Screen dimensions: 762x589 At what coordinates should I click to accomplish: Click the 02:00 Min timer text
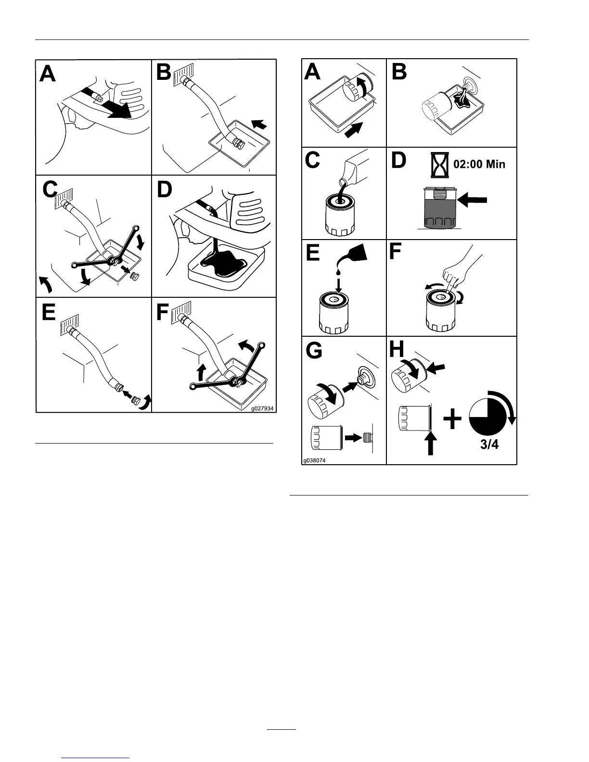[x=479, y=164]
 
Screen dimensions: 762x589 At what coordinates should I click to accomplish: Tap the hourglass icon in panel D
[x=439, y=165]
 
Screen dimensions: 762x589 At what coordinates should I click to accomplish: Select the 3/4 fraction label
[x=489, y=444]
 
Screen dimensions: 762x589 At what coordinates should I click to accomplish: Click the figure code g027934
[x=262, y=408]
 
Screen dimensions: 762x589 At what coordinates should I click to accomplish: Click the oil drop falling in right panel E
[x=338, y=273]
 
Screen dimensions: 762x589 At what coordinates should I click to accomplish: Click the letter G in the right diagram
[x=314, y=351]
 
